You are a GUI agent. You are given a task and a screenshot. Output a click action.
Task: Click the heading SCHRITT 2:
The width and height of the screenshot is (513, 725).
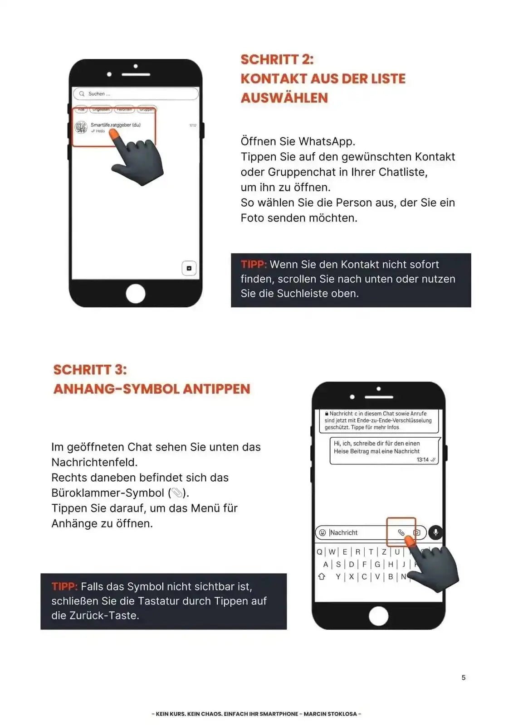(277, 59)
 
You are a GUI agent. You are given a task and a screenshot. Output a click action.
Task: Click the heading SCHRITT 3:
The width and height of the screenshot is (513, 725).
(90, 369)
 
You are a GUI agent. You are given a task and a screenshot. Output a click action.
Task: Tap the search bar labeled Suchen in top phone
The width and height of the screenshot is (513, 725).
(135, 94)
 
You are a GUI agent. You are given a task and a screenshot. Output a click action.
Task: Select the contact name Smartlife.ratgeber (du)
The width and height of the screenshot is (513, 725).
(115, 125)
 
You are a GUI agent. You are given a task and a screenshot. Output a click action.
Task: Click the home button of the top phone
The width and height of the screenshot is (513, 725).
(135, 294)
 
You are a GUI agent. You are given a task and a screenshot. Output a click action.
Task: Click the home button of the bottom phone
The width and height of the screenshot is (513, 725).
(378, 616)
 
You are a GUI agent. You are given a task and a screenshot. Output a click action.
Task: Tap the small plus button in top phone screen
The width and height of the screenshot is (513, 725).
(189, 268)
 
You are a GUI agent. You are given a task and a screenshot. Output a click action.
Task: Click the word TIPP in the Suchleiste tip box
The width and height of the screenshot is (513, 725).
(253, 265)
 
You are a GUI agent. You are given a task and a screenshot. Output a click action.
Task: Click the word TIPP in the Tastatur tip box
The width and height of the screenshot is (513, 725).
(64, 586)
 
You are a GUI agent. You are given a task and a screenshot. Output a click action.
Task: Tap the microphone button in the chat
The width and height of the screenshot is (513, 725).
(435, 532)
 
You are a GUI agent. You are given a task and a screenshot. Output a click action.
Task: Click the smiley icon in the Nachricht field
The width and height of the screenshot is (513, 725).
(322, 532)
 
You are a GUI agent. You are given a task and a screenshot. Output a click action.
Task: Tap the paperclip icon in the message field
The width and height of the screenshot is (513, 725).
(401, 532)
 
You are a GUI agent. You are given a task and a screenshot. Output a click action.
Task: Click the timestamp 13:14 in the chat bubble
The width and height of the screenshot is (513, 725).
(422, 459)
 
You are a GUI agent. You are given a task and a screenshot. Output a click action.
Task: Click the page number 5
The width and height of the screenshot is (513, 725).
(463, 677)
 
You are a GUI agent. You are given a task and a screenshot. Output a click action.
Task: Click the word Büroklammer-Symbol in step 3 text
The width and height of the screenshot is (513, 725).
(107, 493)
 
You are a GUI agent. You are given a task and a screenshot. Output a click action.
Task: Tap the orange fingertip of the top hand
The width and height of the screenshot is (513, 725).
(114, 135)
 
